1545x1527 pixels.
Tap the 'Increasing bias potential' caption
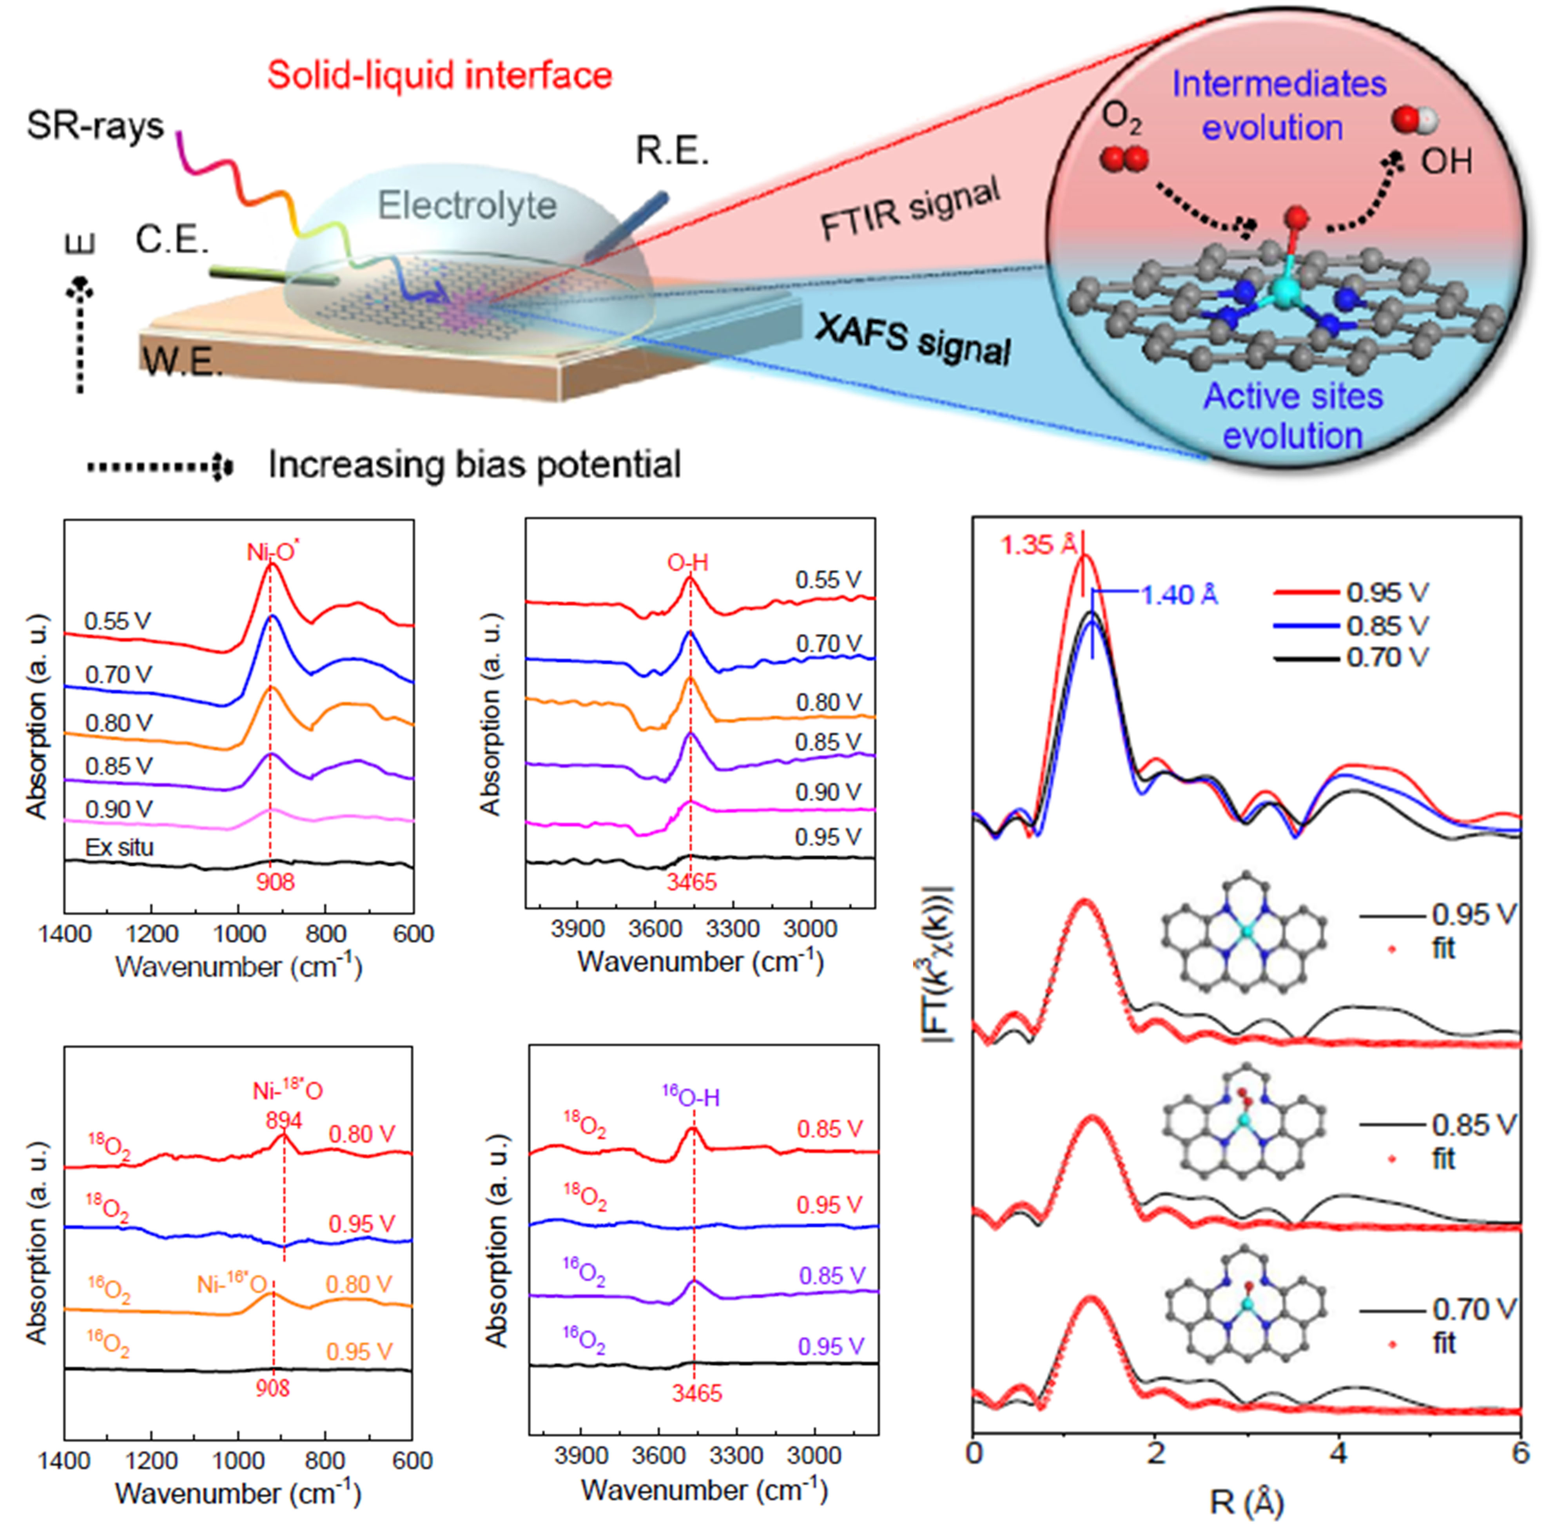click(474, 464)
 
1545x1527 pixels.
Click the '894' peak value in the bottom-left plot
click(284, 1120)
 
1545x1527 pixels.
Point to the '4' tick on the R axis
click(1338, 1452)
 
